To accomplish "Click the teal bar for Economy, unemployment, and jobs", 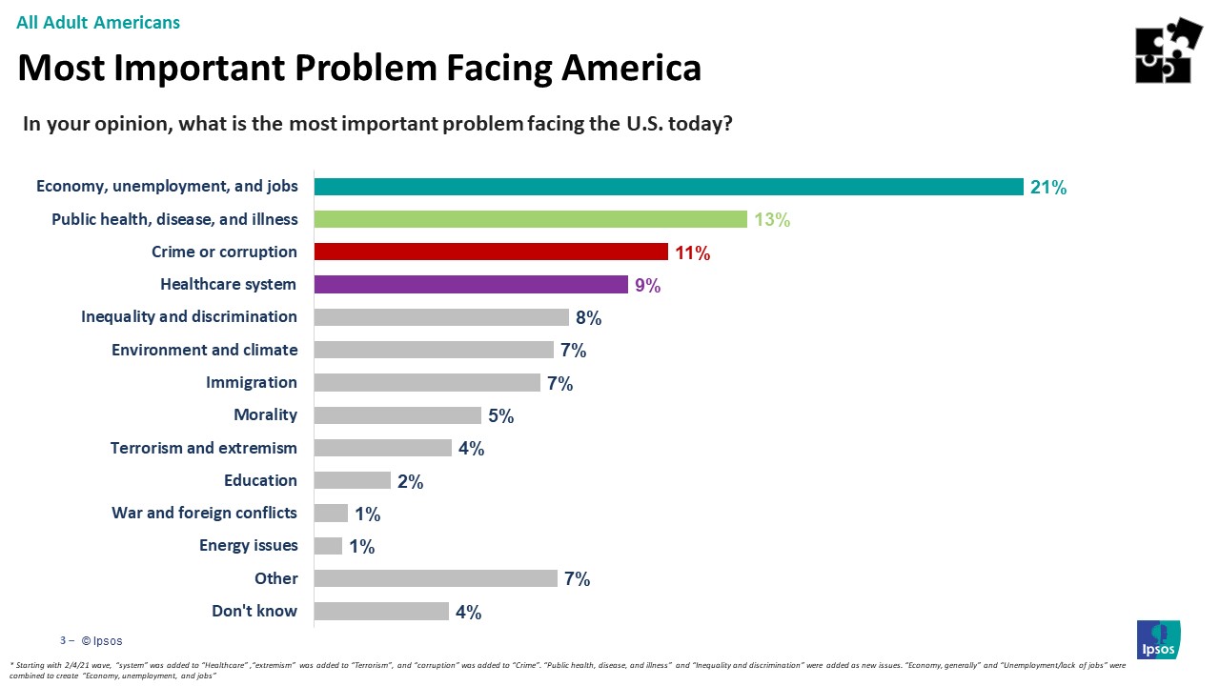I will (668, 187).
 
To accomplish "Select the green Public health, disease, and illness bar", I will (530, 219).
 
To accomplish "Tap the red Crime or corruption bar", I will (490, 252).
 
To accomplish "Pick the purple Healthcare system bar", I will (471, 284).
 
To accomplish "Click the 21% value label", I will (1047, 188).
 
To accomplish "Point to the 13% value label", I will (772, 220).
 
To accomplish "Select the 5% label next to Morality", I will (501, 415).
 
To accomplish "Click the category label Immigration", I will (252, 382).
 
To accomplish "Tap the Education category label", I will (260, 480).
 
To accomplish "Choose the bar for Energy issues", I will (328, 546).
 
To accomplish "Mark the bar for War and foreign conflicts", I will (331, 514).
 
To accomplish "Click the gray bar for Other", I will (436, 578).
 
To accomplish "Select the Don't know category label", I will (254, 611).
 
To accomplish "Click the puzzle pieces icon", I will (1168, 50).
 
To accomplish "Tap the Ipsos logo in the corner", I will (1158, 639).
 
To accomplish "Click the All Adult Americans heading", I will (98, 22).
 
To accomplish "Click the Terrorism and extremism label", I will (204, 448).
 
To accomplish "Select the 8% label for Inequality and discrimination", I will (588, 317).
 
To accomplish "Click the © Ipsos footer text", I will (101, 641).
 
